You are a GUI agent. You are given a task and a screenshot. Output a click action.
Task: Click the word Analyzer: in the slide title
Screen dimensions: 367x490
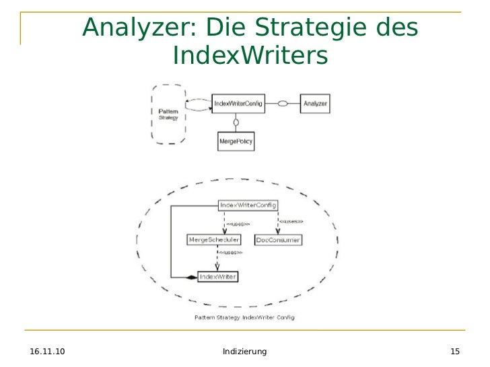139,28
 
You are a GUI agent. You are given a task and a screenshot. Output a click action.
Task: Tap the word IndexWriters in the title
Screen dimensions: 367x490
250,56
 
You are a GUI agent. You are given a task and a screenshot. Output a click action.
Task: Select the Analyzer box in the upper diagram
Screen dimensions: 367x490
315,104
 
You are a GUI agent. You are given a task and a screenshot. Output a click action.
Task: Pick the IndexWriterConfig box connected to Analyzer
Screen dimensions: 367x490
238,104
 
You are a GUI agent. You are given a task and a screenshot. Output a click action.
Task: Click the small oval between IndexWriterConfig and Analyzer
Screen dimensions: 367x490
283,104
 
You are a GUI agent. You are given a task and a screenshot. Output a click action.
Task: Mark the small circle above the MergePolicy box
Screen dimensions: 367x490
236,122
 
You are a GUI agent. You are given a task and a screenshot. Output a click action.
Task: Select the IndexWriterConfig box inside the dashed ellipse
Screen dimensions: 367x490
248,205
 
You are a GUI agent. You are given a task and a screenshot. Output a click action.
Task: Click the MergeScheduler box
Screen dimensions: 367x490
214,240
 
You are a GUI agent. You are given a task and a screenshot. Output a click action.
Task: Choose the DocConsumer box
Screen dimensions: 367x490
278,240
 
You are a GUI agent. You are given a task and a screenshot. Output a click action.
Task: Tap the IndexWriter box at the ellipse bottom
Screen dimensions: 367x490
217,276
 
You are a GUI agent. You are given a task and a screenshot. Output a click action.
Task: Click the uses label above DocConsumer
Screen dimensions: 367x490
291,221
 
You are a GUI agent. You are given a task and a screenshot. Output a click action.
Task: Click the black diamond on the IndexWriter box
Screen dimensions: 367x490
191,277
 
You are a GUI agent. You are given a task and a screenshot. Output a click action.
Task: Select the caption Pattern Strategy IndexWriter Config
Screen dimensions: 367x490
244,316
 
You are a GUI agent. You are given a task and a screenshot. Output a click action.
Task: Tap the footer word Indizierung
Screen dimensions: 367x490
244,352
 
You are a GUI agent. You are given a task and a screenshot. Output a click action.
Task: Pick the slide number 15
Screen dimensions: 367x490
455,352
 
